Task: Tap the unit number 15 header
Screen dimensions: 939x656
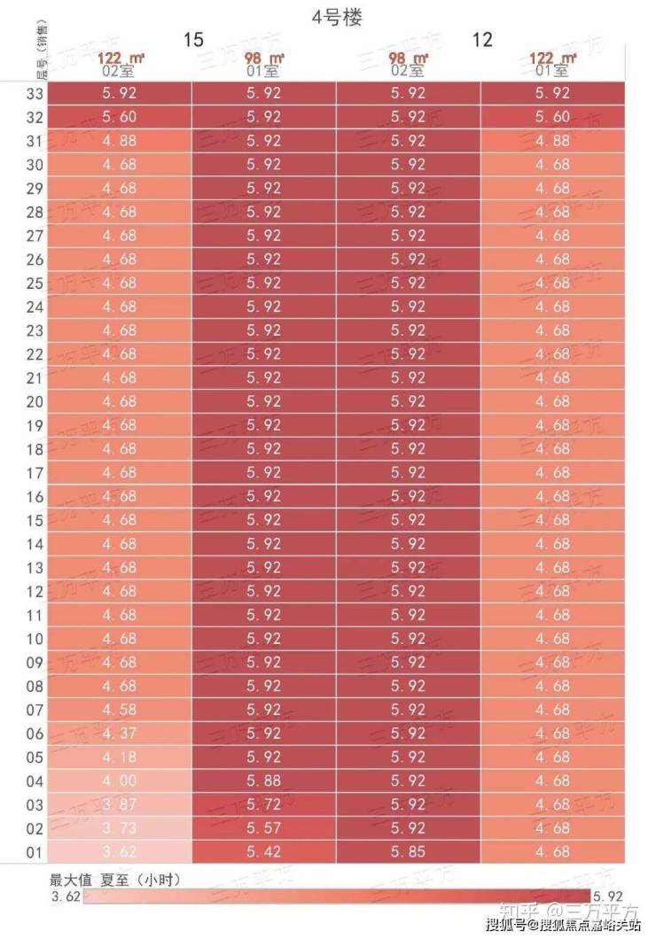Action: click(193, 40)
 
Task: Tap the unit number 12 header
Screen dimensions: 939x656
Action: click(482, 40)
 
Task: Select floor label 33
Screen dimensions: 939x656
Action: click(35, 93)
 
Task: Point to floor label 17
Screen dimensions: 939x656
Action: click(35, 472)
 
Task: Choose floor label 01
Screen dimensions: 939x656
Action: click(35, 851)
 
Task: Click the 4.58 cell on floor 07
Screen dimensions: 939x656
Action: click(119, 710)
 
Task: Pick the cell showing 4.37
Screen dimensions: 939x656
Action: click(119, 733)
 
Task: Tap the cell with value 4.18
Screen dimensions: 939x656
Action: click(119, 757)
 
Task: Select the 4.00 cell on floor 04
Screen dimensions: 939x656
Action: click(119, 780)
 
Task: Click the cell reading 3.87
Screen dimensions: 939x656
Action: click(119, 804)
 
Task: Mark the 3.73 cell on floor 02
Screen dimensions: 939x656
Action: click(119, 828)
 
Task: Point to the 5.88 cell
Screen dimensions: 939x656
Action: click(263, 780)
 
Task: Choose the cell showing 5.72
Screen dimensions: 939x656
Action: click(263, 804)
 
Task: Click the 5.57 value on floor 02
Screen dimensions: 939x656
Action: click(263, 828)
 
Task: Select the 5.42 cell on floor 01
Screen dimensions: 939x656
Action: click(263, 851)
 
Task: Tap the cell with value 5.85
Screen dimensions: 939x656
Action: click(408, 851)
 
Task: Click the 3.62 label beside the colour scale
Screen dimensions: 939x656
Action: click(66, 896)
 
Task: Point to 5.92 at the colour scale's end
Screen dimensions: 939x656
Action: click(609, 896)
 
